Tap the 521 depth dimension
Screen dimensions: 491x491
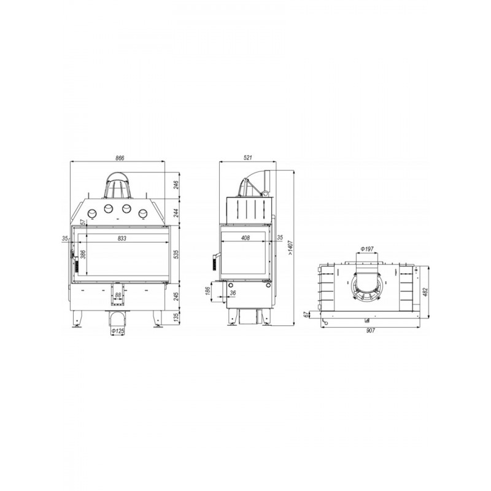tap(247, 158)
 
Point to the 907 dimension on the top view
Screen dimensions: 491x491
tap(371, 330)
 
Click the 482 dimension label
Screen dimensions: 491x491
tap(425, 292)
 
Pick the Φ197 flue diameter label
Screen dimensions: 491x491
tap(367, 249)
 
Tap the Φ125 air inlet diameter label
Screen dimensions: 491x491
tap(118, 331)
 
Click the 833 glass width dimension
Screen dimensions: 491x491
tap(122, 238)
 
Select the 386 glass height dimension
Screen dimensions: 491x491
tap(83, 254)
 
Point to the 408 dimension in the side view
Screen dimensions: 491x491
tap(245, 238)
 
